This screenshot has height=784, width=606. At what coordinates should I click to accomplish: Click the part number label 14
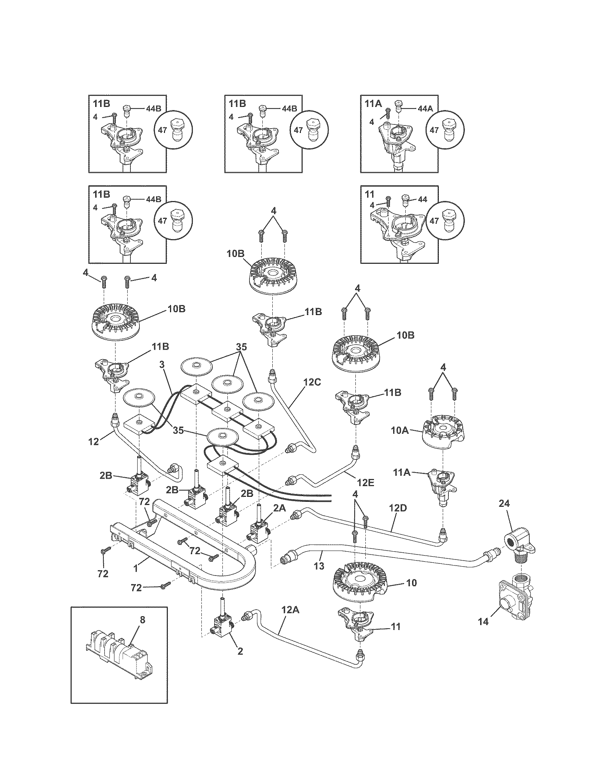(x=483, y=621)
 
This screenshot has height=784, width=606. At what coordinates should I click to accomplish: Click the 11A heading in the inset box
(x=373, y=104)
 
